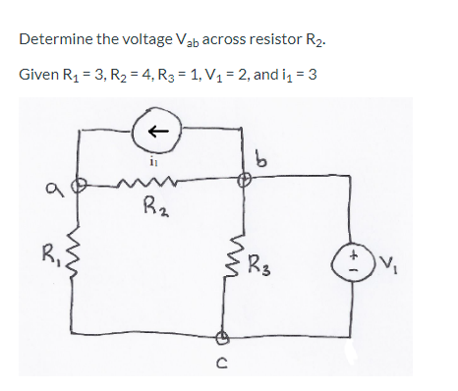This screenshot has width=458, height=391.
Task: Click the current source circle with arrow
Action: point(164,130)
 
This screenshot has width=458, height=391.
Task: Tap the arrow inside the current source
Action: point(164,130)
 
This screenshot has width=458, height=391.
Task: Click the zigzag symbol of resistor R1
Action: point(85,261)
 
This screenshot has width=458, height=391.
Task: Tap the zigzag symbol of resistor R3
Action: point(245,262)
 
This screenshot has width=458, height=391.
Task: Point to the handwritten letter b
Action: point(264,156)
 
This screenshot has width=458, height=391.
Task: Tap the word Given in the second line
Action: point(37,76)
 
